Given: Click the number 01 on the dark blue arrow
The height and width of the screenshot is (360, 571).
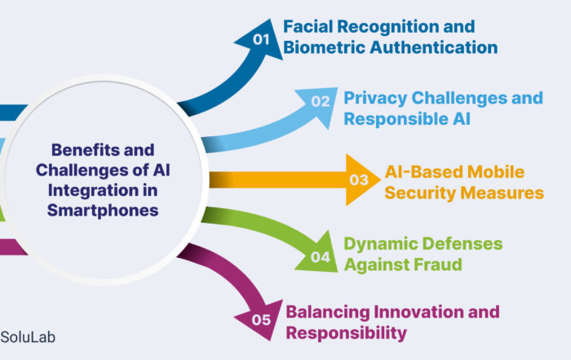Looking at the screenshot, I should [x=260, y=38].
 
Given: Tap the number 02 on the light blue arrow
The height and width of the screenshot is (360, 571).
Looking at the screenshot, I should [x=320, y=102].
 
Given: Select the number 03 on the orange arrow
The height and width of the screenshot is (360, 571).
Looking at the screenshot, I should [x=360, y=179].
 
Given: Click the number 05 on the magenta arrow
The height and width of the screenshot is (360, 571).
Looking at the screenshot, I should [x=260, y=319].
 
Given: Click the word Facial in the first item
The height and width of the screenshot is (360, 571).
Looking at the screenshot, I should [x=308, y=27].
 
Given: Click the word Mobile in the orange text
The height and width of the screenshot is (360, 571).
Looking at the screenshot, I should [x=497, y=172].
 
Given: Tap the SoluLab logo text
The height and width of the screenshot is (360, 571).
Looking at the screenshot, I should [x=29, y=336].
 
